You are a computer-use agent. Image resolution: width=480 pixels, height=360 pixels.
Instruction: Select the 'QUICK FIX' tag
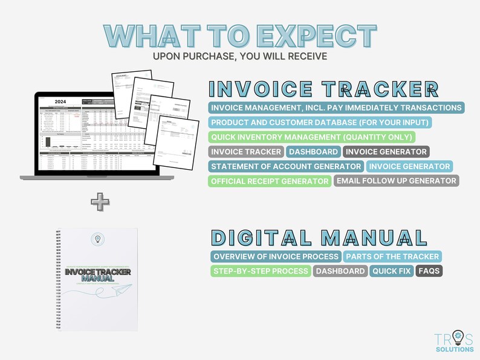[x=391, y=271]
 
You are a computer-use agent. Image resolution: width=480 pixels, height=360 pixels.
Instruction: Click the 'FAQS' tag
[x=429, y=271]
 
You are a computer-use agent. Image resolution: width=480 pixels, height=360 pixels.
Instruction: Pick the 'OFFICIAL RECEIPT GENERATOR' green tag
[x=270, y=181]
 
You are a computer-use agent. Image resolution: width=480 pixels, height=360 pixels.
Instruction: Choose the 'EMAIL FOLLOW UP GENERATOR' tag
[x=396, y=181]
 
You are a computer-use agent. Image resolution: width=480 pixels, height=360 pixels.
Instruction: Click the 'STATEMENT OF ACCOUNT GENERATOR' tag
[x=286, y=166]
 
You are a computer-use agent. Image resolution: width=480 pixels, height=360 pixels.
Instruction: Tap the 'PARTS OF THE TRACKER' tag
[x=392, y=256]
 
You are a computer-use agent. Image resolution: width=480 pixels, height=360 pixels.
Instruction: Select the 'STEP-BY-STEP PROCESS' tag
[x=261, y=271]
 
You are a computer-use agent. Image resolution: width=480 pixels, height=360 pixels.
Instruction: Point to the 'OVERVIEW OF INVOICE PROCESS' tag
[x=276, y=256]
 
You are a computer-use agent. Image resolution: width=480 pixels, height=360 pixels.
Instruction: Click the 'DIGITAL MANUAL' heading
[x=310, y=236]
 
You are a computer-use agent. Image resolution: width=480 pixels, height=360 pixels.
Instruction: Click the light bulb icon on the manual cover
[x=97, y=239]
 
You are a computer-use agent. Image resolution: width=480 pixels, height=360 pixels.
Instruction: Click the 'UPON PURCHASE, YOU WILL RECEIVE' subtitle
[x=240, y=56]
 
